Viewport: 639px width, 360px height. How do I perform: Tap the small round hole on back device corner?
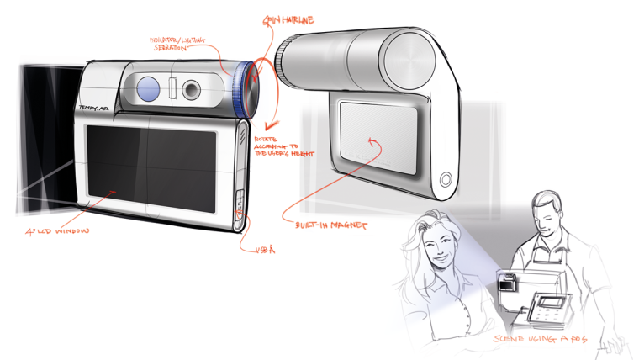(x=446, y=177)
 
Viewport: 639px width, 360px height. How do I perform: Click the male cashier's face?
(x=547, y=220)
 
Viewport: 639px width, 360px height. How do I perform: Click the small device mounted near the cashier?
(x=508, y=285)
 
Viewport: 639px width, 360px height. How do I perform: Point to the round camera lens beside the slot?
(x=193, y=87)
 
